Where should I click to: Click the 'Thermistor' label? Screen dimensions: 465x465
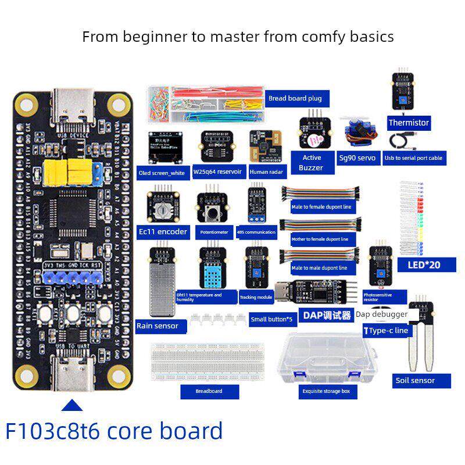pos(409,123)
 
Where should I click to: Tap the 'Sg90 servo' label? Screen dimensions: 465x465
pos(357,158)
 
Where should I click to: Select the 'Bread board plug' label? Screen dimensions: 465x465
pos(295,98)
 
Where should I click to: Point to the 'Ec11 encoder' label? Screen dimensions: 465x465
pos(163,231)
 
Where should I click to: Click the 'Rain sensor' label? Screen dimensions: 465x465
pos(157,326)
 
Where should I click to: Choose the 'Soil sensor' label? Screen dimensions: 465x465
pos(415,381)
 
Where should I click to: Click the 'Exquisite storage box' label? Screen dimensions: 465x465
pos(326,391)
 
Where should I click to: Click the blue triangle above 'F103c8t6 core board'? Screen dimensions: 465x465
pos(72,405)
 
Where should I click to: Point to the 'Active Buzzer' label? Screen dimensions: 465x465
pos(312,162)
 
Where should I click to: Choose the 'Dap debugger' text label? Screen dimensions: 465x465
pos(381,314)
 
